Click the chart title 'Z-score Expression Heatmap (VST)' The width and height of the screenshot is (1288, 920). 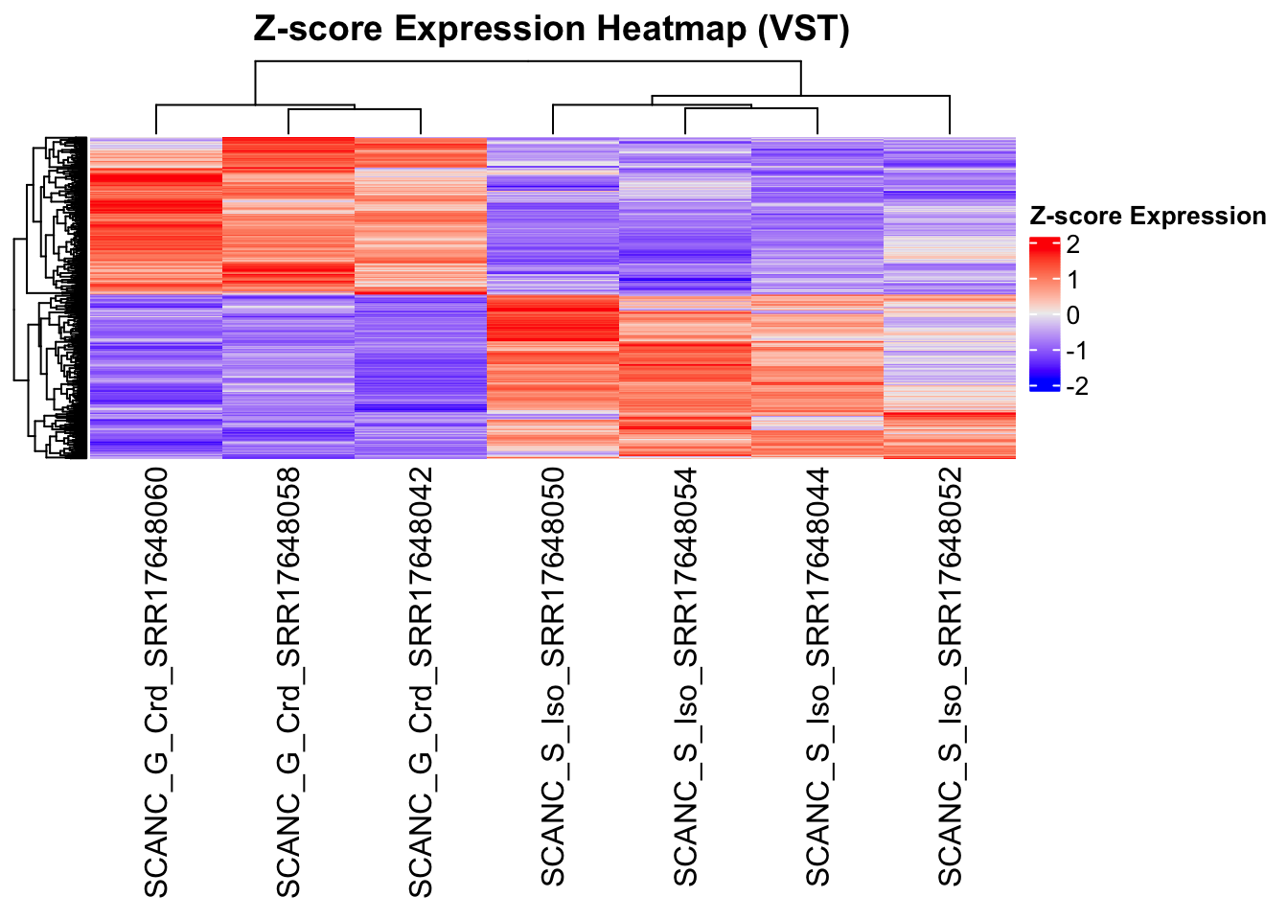click(551, 30)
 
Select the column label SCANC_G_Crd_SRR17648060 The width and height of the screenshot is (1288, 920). click(155, 682)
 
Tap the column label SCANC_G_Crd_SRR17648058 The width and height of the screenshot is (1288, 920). click(287, 682)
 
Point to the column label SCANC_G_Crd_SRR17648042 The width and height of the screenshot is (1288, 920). click(420, 682)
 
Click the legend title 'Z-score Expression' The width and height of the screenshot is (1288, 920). click(1147, 217)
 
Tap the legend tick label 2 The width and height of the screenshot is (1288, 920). click(1072, 245)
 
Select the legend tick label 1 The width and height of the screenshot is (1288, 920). click(1072, 280)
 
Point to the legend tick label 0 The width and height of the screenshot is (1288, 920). click(1072, 315)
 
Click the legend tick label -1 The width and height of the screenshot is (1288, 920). click(1076, 351)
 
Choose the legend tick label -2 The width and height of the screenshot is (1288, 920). click(1076, 386)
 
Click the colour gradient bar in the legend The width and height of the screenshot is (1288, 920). click(1045, 314)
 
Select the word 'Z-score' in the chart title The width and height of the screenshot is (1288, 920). click(317, 30)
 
